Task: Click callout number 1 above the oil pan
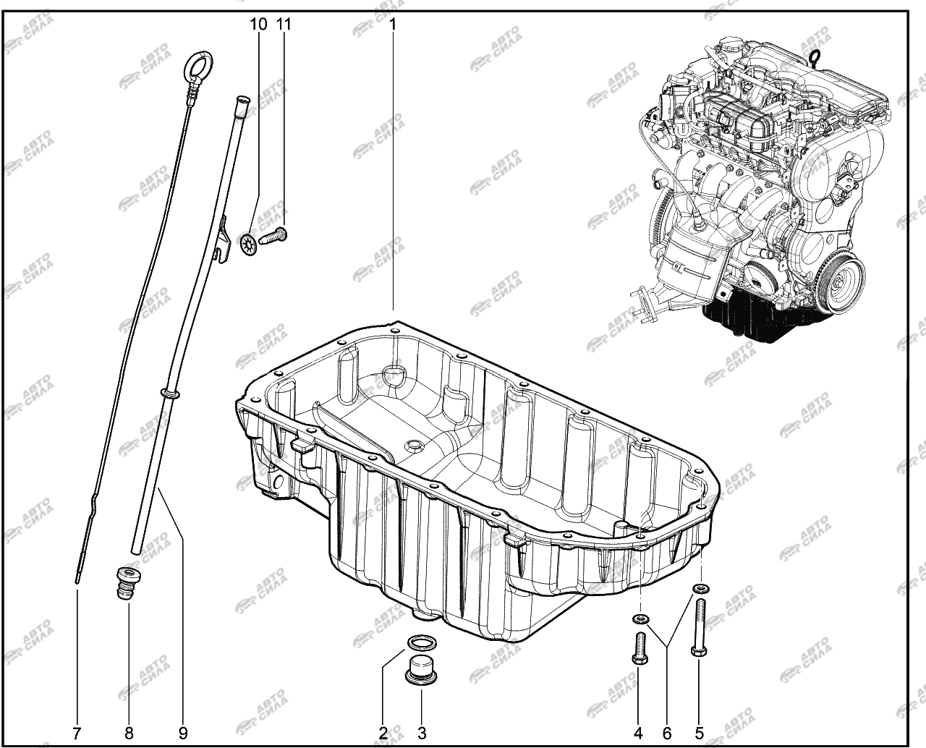point(393,25)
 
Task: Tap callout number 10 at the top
point(258,25)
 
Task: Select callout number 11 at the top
point(284,25)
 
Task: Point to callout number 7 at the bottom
point(77,734)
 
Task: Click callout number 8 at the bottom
point(129,734)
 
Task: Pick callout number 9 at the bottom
point(183,734)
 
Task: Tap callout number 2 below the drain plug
point(383,734)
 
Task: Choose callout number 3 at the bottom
point(422,734)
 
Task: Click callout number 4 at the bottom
point(638,734)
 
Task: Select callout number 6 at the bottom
point(667,734)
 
